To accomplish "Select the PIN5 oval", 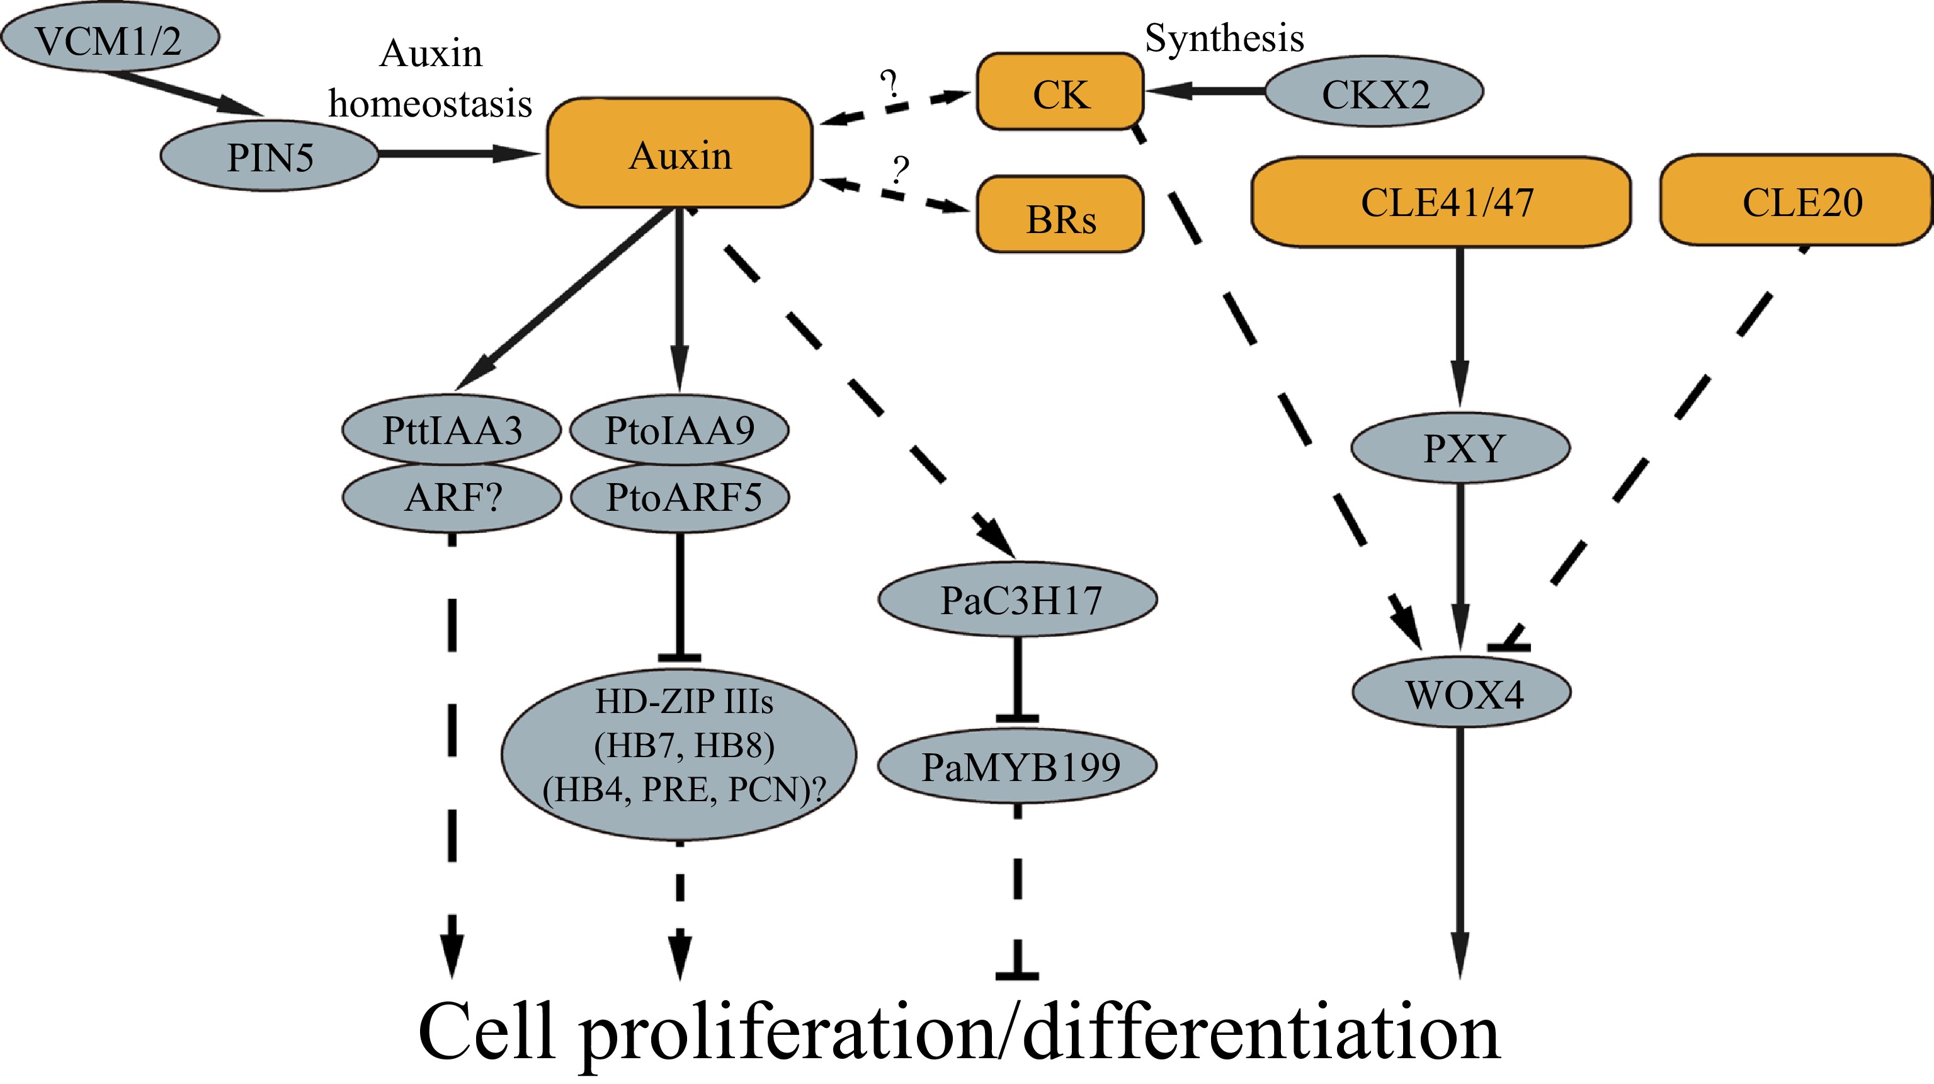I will (x=270, y=156).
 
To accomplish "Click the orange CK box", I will (x=1059, y=93).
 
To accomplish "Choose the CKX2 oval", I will (x=1374, y=93).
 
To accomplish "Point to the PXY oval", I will (x=1460, y=448).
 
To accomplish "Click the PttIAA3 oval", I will (x=451, y=430).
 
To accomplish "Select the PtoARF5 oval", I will (x=680, y=497).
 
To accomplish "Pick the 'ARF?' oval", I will (x=451, y=497).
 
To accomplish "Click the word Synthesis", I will (x=1224, y=38).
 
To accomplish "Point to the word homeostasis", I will (x=430, y=103).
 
